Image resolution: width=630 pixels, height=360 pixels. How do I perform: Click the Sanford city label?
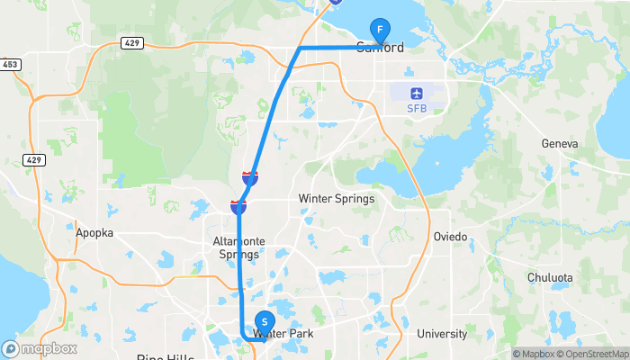381,48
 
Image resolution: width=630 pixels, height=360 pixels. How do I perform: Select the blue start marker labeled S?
265,321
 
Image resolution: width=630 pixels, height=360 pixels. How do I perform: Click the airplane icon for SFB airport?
416,93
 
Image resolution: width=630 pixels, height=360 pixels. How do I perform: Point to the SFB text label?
416,109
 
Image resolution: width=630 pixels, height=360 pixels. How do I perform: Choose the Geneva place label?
559,144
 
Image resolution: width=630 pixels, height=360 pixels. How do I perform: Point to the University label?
442,334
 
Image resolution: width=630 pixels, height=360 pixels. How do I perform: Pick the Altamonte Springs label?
237,247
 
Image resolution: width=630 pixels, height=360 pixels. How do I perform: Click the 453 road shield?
11,64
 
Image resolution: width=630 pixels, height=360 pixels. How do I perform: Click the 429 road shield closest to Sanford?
131,42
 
